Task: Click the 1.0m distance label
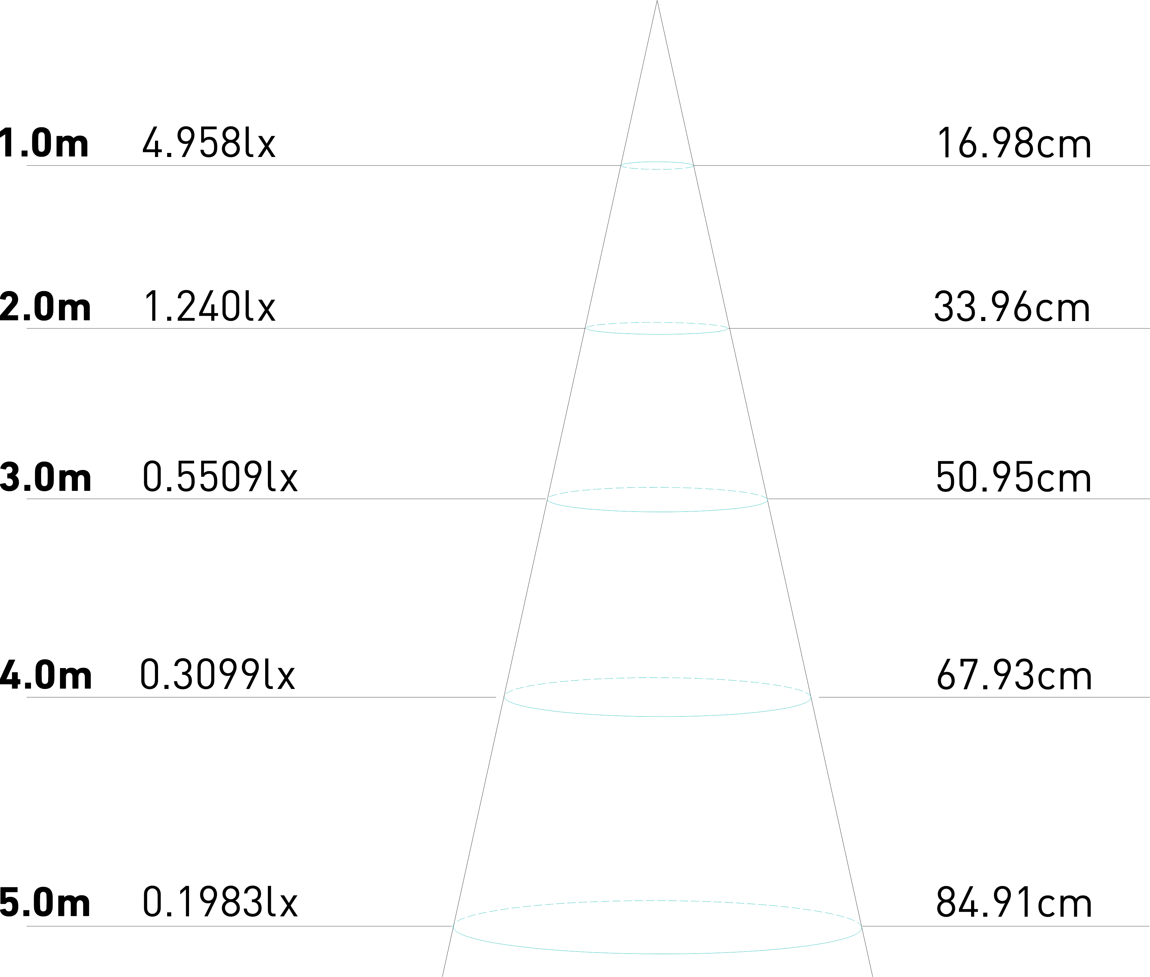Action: [x=44, y=143]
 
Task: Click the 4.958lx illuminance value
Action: [x=209, y=143]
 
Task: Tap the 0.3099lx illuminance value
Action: [x=218, y=674]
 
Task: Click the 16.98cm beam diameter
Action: [x=1013, y=143]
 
